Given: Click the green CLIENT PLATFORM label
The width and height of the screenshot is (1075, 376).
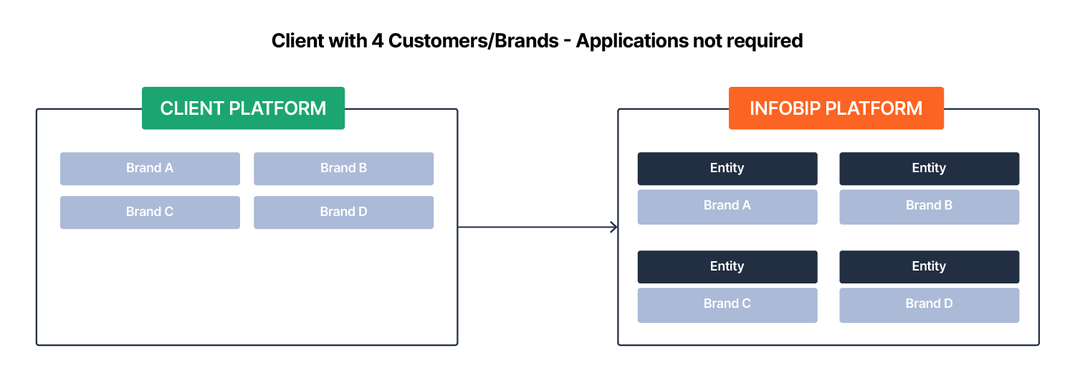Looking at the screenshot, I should pos(243,108).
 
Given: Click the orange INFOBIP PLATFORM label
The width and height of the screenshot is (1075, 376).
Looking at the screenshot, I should pos(836,108).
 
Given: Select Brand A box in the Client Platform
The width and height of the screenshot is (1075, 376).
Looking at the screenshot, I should pos(150,169).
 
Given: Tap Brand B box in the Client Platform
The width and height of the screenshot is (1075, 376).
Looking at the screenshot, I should pos(343,169).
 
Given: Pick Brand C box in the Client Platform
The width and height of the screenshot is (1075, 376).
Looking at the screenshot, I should pos(150,212).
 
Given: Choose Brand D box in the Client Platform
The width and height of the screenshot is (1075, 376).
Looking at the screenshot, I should pos(343,212).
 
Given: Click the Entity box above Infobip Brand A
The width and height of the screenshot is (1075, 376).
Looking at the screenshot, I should pos(727,169).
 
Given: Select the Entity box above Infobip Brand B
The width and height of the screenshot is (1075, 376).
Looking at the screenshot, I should pos(929,169).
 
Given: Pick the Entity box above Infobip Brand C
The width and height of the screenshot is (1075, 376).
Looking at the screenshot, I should pos(727,267).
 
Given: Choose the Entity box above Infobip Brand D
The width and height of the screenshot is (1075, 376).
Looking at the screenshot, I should pos(929,267).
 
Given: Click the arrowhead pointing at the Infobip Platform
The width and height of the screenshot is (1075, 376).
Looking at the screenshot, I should pos(613,227).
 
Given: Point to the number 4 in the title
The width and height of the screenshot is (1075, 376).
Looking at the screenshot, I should pos(377,41).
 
